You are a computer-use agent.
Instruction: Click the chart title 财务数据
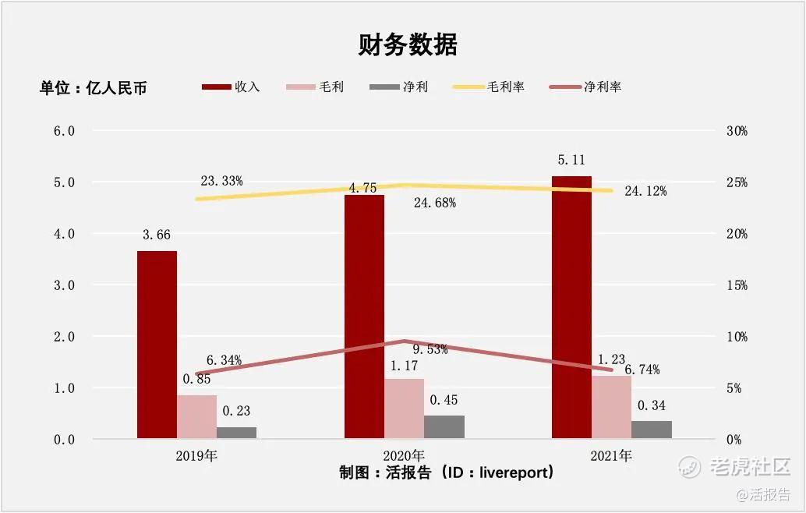[x=407, y=45]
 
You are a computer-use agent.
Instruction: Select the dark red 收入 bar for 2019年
[x=157, y=345]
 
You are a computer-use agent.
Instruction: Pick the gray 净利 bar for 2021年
[x=652, y=430]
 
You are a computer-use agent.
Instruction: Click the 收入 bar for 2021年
[x=571, y=307]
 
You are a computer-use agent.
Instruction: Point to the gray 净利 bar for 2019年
[x=236, y=433]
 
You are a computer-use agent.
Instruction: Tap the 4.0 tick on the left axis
[x=63, y=234]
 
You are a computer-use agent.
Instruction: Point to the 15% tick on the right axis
[x=736, y=285]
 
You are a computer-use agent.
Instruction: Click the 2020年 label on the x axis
[x=404, y=456]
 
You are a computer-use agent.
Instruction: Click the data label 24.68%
[x=434, y=203]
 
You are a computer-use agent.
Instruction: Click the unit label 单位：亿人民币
[x=94, y=88]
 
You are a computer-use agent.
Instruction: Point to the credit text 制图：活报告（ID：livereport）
[x=447, y=473]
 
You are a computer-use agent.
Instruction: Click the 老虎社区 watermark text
[x=749, y=467]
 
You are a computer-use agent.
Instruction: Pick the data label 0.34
[x=652, y=405]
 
